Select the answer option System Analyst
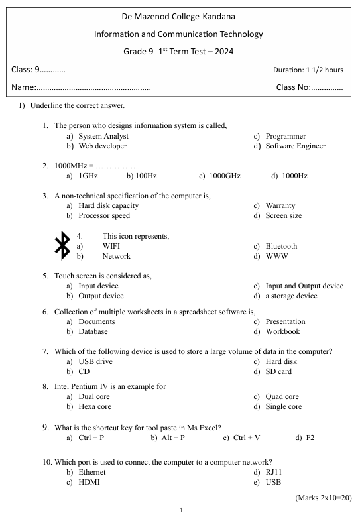tap(103, 136)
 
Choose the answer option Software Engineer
tap(295, 146)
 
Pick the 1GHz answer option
tap(88, 176)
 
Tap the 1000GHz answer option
tap(224, 176)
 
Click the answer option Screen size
tap(283, 215)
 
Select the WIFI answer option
tap(111, 246)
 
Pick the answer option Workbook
tap(282, 331)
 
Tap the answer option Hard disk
tap(281, 361)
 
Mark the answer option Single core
tap(283, 406)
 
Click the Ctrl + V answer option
tap(247, 437)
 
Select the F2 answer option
tap(310, 437)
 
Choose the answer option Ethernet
tap(92, 472)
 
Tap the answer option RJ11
tap(275, 472)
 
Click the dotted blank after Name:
tap(93, 87)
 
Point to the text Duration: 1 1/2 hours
tap(308, 70)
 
